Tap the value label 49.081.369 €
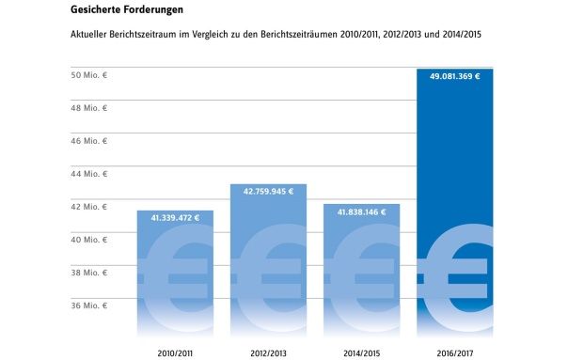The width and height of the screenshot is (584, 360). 455,77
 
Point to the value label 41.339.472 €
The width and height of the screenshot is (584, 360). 174,218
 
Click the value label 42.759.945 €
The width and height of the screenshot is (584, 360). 268,192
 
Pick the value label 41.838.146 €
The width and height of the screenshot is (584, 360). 361,212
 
